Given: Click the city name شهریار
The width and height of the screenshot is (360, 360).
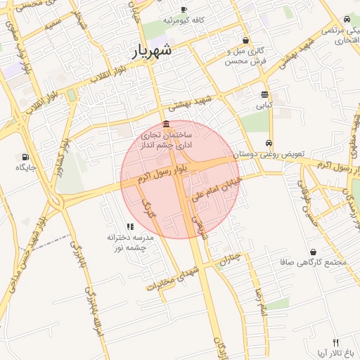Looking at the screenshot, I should tap(152, 51).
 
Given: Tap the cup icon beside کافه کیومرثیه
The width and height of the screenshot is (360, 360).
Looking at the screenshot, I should tap(184, 10).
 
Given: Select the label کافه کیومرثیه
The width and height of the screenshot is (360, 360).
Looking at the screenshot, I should tap(184, 20).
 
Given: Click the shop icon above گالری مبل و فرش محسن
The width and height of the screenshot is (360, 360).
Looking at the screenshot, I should tap(245, 41).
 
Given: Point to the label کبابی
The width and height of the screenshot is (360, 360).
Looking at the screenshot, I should tap(264, 105).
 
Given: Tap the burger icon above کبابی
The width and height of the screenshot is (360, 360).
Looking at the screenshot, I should tap(264, 94).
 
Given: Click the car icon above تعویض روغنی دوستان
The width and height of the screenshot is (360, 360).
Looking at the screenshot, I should tap(269, 142).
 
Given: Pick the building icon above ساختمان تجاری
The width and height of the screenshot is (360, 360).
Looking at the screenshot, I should tap(165, 124).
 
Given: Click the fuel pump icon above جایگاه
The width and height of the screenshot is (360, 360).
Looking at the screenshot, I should tap(26, 157).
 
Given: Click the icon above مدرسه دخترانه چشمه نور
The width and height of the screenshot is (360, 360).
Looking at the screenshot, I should tap(130, 226).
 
